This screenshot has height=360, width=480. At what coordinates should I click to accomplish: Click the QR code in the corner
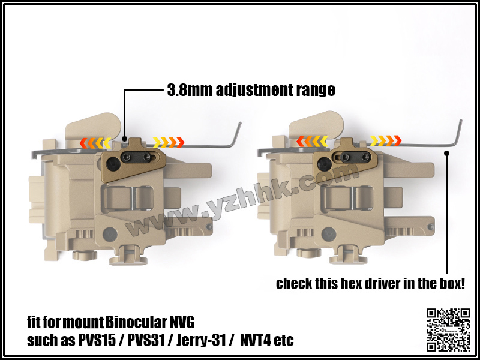coord(448,329)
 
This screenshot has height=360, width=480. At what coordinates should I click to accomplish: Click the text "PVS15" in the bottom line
coord(95,340)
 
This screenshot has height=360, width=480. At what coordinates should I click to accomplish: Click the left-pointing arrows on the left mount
coord(95,143)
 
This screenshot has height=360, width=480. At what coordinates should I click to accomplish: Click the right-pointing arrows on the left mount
coord(169,142)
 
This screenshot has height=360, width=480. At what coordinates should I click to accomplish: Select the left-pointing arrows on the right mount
coord(312,141)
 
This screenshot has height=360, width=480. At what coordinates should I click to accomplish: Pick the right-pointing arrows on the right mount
coord(386,140)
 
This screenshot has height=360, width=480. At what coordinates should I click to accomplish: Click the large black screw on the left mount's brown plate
coord(112,165)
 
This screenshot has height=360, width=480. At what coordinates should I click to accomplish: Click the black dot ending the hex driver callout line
coord(446,153)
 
